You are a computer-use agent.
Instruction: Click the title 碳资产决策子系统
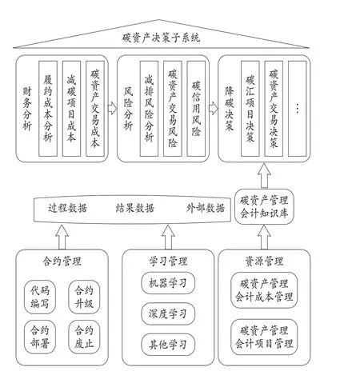click(x=161, y=38)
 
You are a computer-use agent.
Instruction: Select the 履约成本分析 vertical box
click(x=48, y=109)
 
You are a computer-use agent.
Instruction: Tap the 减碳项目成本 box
click(x=71, y=109)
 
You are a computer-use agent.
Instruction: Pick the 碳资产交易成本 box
click(x=95, y=109)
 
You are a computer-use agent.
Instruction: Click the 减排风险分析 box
click(x=149, y=109)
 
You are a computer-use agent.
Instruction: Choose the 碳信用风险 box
click(x=196, y=109)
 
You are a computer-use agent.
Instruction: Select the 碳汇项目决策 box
click(x=250, y=109)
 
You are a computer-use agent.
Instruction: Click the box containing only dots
click(x=298, y=109)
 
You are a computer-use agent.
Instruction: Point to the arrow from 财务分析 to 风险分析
click(x=112, y=108)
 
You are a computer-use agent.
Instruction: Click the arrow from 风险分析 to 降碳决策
click(x=214, y=108)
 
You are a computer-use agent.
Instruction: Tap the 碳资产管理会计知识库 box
click(x=264, y=206)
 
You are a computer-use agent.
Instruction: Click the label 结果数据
click(x=135, y=208)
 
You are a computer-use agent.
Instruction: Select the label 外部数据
click(x=206, y=208)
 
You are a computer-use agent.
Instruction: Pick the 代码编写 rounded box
click(x=40, y=297)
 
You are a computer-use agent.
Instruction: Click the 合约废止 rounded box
click(x=84, y=337)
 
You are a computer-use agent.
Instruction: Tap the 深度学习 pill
click(x=168, y=313)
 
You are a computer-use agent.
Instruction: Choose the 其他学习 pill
click(x=168, y=345)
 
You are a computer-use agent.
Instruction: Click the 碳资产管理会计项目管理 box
click(x=264, y=337)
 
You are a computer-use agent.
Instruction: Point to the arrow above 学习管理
click(x=168, y=237)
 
